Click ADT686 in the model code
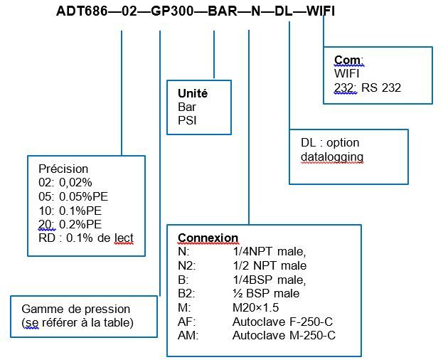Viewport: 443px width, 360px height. (82, 11)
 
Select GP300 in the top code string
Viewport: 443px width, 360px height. (172, 11)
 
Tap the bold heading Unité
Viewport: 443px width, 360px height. (193, 93)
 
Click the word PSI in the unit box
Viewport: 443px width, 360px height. (187, 121)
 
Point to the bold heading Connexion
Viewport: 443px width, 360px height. (208, 238)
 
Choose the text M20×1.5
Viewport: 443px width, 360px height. (256, 307)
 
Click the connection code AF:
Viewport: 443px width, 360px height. (187, 322)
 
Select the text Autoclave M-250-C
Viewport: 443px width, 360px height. (284, 335)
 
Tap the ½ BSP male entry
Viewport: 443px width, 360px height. (266, 293)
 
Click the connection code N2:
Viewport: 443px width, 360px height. (187, 265)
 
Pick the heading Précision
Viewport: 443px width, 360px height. (63, 169)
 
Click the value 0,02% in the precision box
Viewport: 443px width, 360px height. (75, 183)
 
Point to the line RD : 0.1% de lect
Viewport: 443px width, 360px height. (86, 238)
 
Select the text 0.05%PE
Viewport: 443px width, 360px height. (84, 196)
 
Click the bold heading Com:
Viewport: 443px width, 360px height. (348, 60)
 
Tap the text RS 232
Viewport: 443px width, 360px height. (381, 88)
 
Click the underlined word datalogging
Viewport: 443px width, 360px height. (332, 157)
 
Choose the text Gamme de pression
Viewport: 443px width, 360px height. (75, 309)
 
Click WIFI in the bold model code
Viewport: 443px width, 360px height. (321, 11)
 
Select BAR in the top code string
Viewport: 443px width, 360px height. (223, 11)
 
